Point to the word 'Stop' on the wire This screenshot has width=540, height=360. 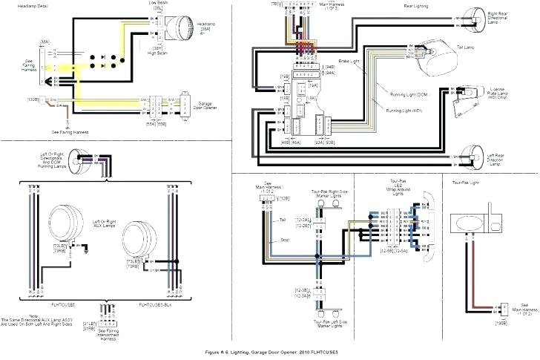coord(283,240)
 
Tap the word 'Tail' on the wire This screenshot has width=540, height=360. coord(283,220)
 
